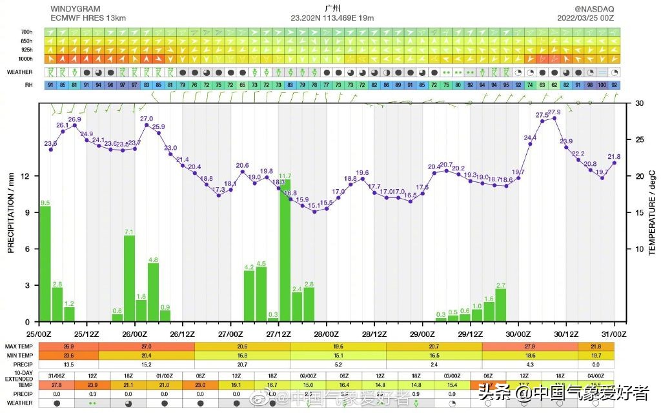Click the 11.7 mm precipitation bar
point(285,252)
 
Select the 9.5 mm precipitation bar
point(45,265)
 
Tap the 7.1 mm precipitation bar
point(129,279)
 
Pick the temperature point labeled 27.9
point(554,118)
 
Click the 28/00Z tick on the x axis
point(327,334)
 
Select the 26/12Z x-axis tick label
point(183,334)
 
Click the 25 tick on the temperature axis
point(639,140)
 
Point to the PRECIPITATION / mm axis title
point(11,213)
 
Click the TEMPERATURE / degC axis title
point(651,213)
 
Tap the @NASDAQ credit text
point(595,9)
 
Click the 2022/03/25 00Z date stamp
point(585,18)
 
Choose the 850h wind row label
point(26,41)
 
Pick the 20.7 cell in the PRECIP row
point(243,364)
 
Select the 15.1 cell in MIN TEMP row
point(338,355)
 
